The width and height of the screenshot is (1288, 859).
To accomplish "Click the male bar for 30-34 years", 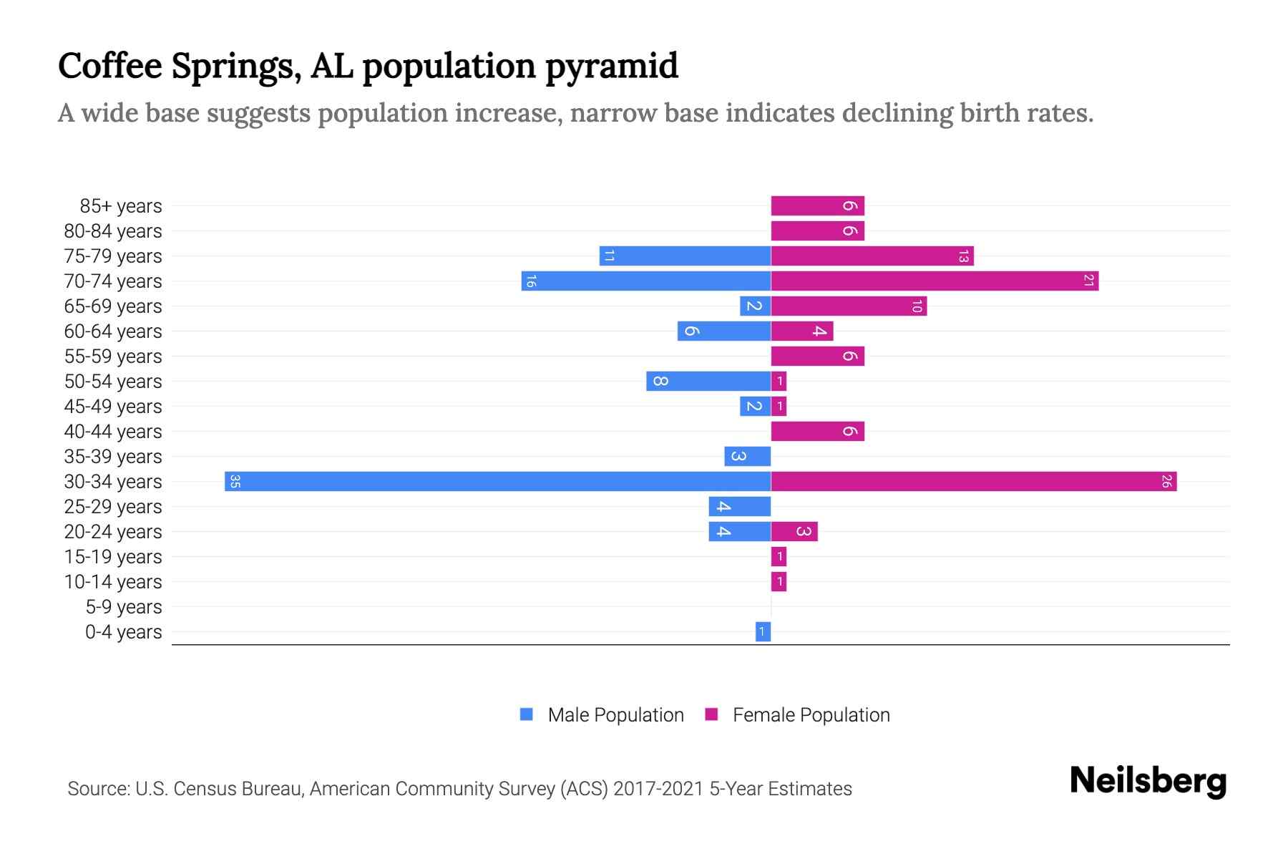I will (x=497, y=481).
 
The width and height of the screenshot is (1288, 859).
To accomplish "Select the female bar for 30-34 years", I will (x=973, y=481).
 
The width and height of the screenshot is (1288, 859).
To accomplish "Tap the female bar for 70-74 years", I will (x=935, y=281).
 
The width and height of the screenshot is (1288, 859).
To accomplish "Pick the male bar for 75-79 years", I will (x=685, y=256).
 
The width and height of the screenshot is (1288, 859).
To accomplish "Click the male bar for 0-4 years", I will (x=763, y=631).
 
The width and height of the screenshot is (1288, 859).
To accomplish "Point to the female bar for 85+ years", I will (x=817, y=206).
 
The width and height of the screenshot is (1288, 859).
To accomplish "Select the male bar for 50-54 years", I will (x=708, y=381).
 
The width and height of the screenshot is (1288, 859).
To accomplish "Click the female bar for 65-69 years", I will (x=849, y=306).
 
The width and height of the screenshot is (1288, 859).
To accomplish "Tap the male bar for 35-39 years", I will (x=747, y=456).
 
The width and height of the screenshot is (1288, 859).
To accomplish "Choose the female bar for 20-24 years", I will (x=794, y=531).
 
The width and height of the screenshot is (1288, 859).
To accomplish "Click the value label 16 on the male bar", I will (x=530, y=281).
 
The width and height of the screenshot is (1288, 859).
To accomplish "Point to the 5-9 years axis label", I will (x=123, y=607).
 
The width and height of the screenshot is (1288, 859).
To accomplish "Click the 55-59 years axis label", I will (x=113, y=356).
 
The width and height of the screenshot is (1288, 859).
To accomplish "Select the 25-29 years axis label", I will (x=113, y=507).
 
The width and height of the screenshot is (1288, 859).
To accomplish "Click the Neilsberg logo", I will (x=1148, y=781).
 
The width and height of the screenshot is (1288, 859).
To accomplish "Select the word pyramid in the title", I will (x=612, y=66).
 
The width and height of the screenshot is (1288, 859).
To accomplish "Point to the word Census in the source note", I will (x=204, y=789).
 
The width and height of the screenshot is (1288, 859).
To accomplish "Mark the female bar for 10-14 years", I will (x=779, y=581).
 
